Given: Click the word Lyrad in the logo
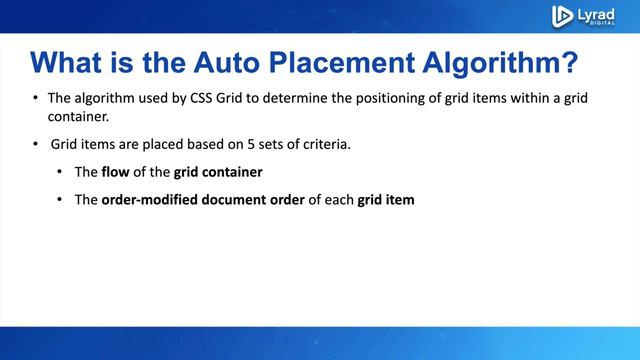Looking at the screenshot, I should click(x=598, y=12).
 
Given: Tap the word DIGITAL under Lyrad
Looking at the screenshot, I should click(x=598, y=24).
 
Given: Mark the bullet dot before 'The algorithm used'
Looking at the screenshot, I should click(x=37, y=100).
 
